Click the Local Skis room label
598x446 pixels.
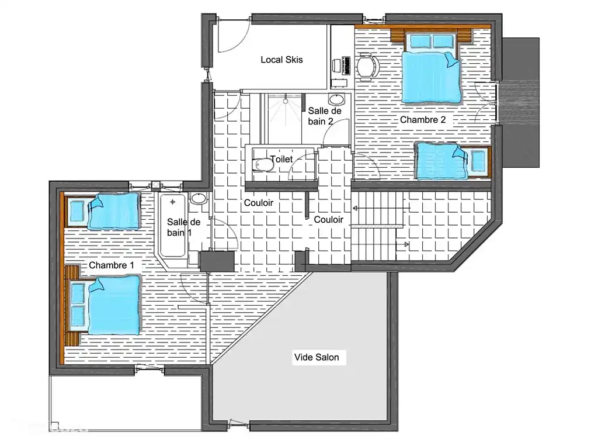281,60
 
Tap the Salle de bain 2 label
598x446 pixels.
321,116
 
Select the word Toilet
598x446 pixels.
281,159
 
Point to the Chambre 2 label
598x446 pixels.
423,120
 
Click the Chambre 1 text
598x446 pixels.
111,265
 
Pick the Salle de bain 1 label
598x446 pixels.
183,227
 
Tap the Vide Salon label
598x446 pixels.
316,357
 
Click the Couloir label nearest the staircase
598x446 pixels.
328,220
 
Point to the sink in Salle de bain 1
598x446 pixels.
199,199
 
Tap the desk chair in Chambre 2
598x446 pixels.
366,65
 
